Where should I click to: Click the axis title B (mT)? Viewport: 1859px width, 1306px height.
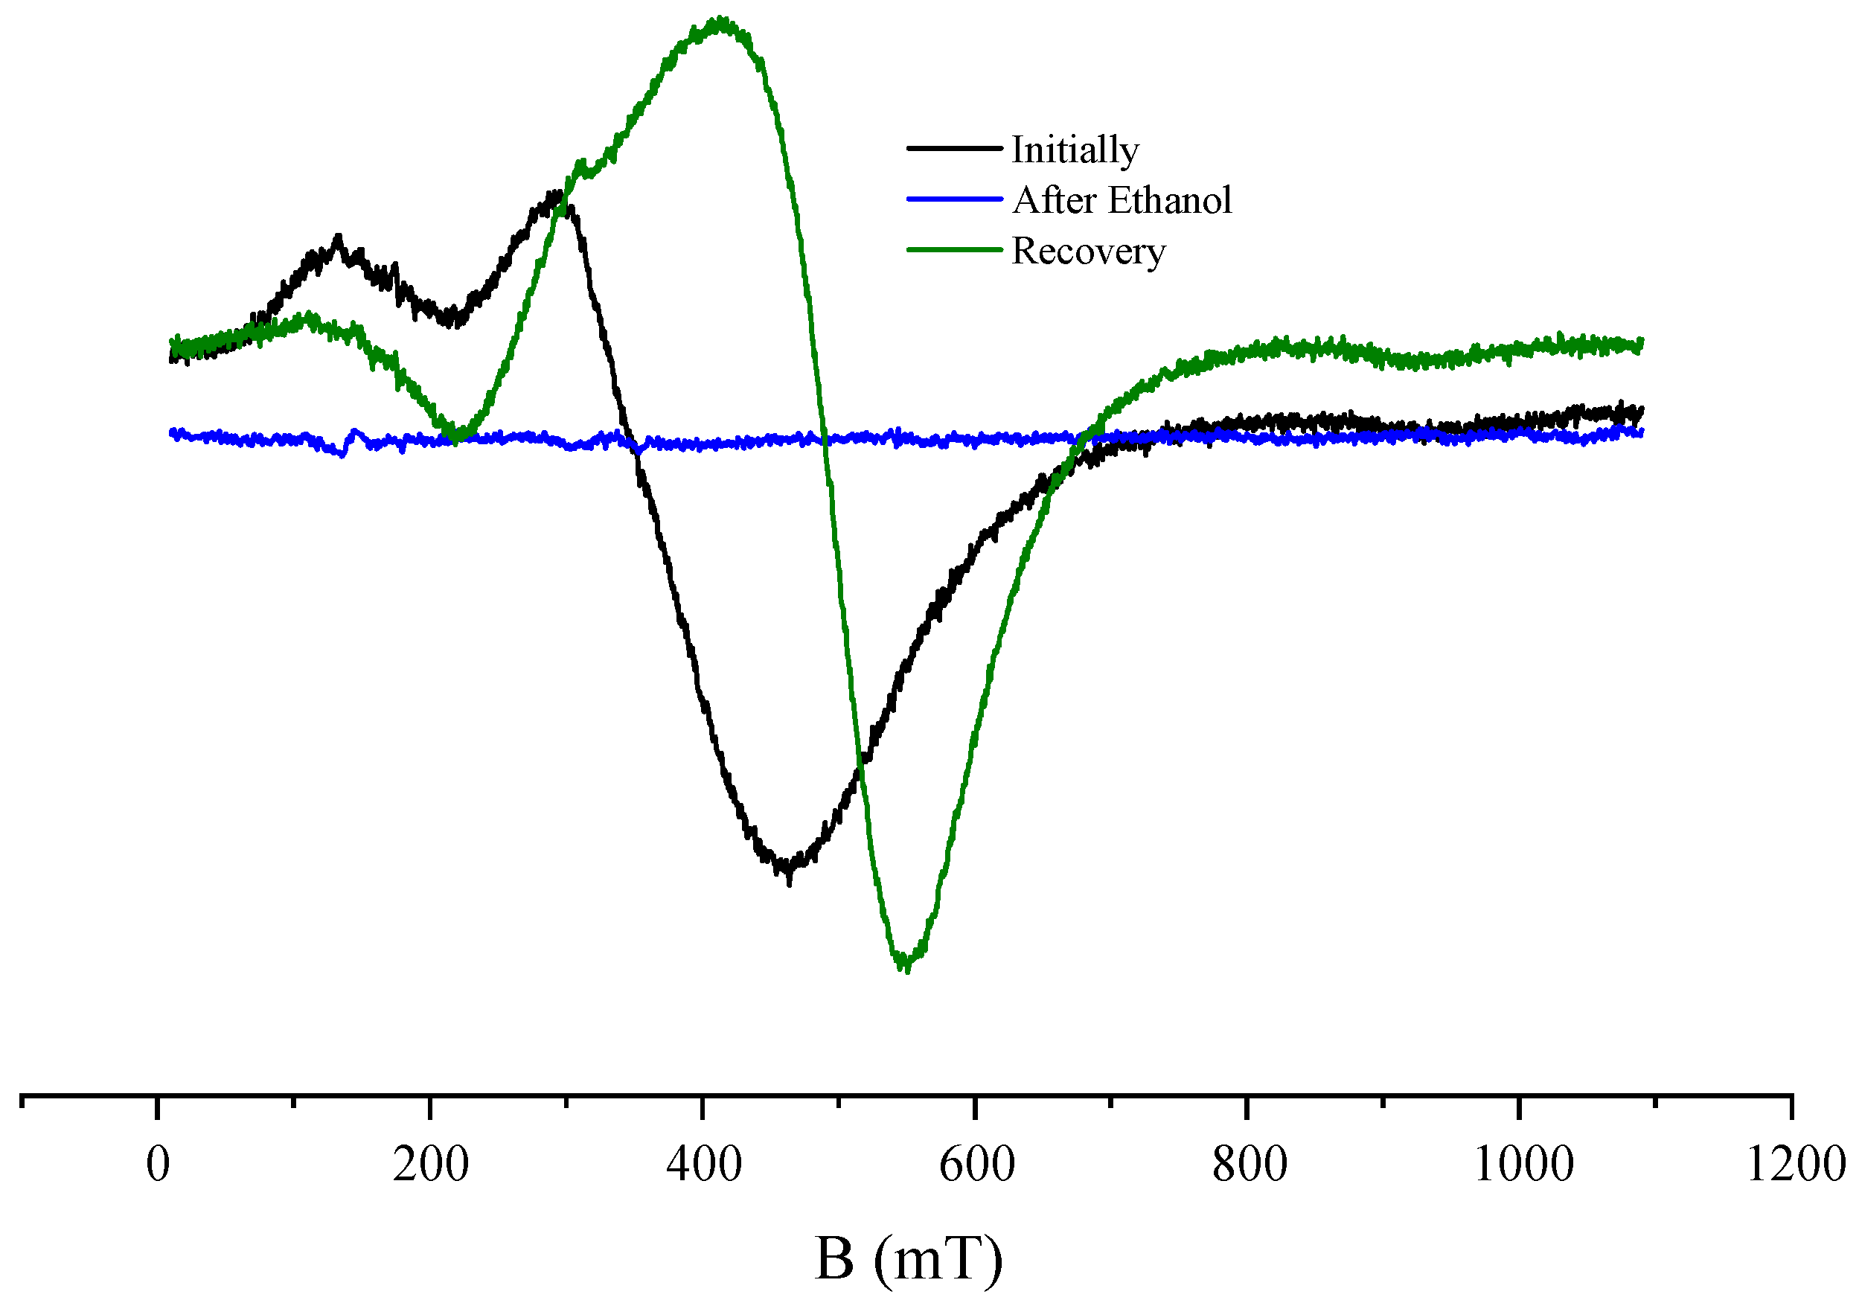tap(909, 1258)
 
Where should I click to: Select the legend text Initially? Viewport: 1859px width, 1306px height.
tap(1075, 150)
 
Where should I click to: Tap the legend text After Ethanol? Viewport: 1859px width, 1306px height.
tap(1122, 200)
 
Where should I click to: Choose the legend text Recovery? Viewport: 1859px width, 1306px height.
tap(1088, 251)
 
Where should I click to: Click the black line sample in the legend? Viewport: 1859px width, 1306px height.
tap(954, 148)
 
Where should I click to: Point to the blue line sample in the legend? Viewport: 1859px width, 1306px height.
tap(954, 199)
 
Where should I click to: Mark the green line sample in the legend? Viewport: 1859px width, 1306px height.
tap(954, 249)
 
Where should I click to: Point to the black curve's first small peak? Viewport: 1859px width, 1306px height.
tap(338, 238)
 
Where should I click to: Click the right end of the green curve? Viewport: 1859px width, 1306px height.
tap(1640, 343)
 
